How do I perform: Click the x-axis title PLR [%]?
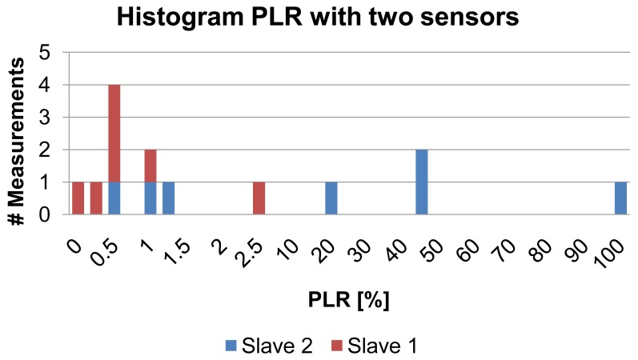350,300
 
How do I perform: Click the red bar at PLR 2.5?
259,198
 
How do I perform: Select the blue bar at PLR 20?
331,198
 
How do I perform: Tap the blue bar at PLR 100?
620,198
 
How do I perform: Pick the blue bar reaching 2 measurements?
422,182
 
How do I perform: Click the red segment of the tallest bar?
114,134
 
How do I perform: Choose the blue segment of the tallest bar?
114,198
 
